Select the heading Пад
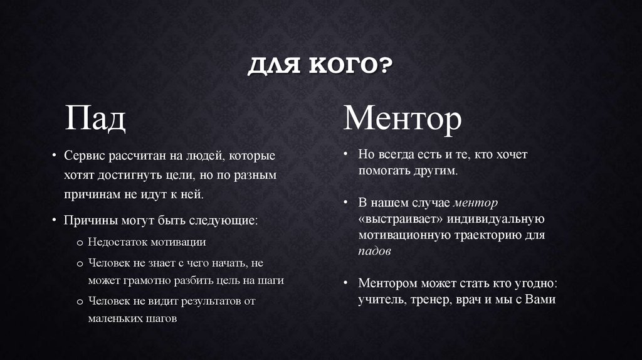96,118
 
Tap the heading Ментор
402,118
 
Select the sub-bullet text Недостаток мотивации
147,241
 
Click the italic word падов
375,251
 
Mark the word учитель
382,299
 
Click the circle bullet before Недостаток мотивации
80,242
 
